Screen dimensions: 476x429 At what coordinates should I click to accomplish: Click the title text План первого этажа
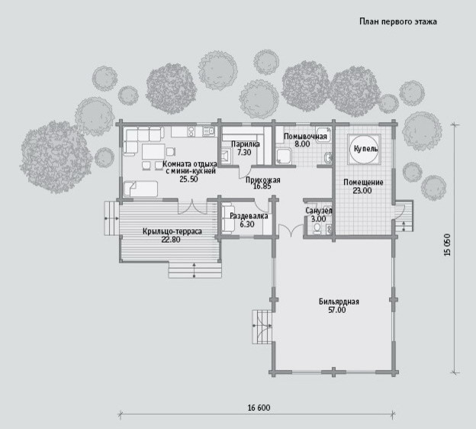[398, 22]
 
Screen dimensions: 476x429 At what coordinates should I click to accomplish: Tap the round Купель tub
[365, 149]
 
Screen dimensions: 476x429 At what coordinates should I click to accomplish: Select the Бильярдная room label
[339, 302]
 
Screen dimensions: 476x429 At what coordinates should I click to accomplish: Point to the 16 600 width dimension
[259, 408]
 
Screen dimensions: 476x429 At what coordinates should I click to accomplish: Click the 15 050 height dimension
[448, 244]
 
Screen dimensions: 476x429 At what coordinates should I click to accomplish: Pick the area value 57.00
[337, 310]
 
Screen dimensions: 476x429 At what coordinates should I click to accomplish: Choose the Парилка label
[246, 144]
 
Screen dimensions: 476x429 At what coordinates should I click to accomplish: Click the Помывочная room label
[305, 137]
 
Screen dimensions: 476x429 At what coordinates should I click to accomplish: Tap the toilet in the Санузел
[317, 228]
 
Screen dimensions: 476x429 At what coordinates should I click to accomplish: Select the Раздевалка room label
[249, 216]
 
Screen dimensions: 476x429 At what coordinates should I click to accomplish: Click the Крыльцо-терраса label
[172, 231]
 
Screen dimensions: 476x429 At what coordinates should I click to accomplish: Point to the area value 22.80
[171, 240]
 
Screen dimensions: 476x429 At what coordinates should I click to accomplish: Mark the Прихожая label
[263, 180]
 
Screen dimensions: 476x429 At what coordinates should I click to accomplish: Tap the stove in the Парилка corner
[226, 156]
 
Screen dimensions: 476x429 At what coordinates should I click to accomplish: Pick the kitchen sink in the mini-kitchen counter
[208, 131]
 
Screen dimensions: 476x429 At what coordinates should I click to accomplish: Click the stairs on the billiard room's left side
[262, 327]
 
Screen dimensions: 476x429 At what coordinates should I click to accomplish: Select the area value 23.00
[362, 191]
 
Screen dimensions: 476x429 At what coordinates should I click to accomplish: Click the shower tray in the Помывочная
[284, 156]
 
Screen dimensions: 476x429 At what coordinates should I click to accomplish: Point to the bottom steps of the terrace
[195, 269]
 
